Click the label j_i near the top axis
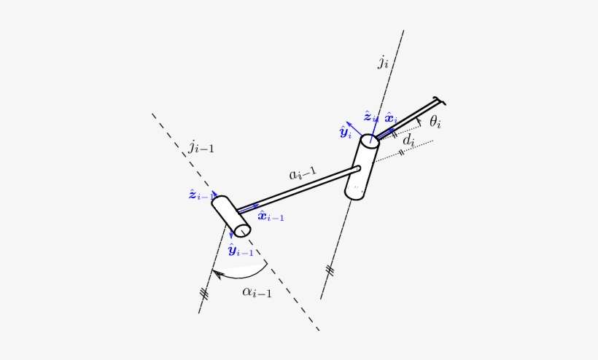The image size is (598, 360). pos(383,62)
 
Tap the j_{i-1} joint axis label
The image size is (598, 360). pos(201,148)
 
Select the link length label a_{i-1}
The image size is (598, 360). pos(303,174)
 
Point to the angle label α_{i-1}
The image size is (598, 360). pos(257,293)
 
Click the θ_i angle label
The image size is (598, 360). pos(435,122)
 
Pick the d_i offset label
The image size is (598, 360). pos(409,139)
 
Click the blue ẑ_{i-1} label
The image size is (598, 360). pos(201,195)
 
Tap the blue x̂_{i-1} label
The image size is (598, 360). pos(271,216)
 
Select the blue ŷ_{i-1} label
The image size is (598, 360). pos(241,251)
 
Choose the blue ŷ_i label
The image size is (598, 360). pos(345,132)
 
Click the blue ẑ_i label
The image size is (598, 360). pos(370,117)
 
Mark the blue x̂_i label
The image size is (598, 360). pos(391,117)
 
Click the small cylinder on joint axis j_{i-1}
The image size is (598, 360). pos(231,216)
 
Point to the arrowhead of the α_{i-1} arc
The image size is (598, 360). pos(214,272)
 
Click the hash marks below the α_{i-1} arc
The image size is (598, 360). pos(204,294)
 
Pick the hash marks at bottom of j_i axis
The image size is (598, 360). pos(330,271)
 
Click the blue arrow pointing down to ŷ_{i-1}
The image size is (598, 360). pos(230,235)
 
